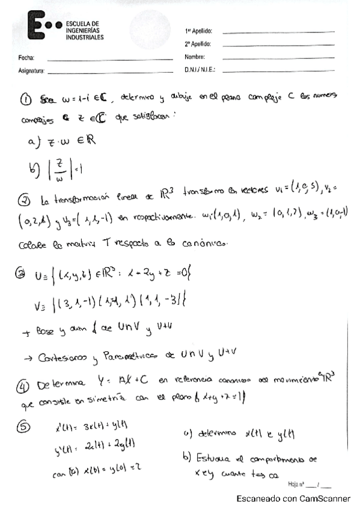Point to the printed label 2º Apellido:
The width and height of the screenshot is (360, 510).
pos(199,45)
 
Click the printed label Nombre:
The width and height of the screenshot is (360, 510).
pos(195,58)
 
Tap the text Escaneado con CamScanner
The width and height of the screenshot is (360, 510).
pos(293,499)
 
